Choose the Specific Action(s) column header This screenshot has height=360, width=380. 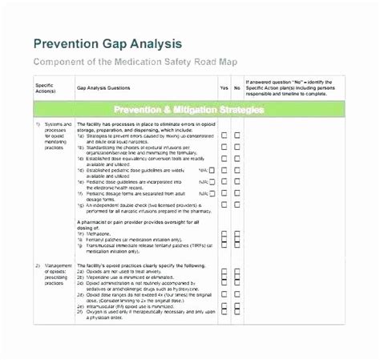[46, 86]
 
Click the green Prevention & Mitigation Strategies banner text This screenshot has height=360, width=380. [189, 108]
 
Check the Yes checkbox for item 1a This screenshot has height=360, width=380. [224, 136]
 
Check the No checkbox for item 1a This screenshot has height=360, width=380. [237, 136]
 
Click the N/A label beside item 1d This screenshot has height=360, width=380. [201, 170]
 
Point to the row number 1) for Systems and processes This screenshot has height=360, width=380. [37, 125]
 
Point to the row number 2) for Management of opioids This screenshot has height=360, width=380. [37, 265]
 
